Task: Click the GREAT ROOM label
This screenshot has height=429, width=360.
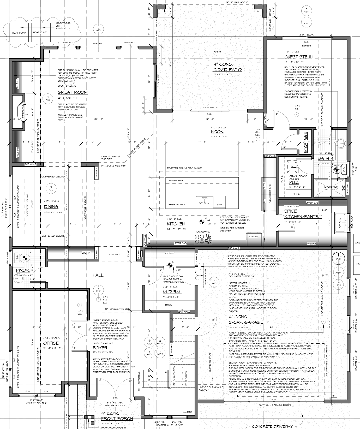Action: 73,92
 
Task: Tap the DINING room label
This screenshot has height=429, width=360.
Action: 51,207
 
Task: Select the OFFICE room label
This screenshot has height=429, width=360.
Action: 51,343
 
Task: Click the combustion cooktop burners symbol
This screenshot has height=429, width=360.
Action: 203,238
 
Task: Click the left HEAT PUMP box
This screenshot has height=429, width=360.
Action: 19,32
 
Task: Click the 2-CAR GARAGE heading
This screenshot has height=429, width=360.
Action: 246,322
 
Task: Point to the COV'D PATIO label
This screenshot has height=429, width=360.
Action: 227,69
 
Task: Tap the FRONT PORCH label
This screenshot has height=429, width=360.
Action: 117,419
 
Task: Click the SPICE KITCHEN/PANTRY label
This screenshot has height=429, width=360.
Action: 303,214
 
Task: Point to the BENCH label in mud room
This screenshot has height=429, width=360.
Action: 169,305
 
